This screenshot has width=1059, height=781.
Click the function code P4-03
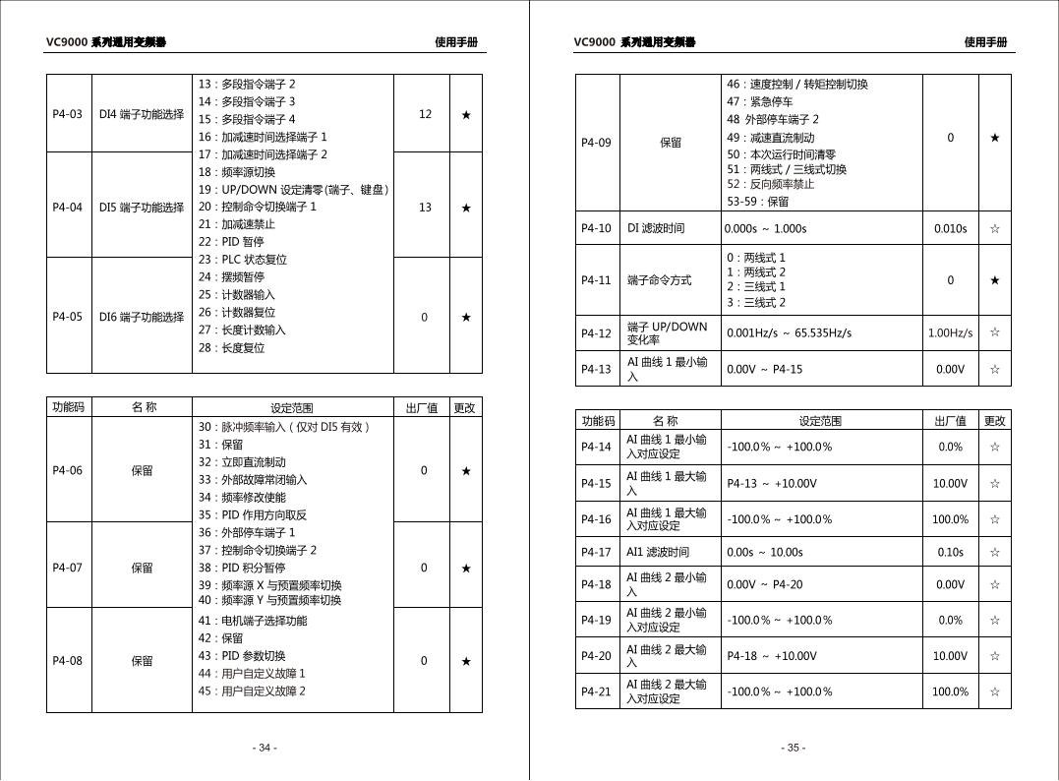(68, 114)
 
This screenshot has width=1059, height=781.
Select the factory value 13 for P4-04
(425, 208)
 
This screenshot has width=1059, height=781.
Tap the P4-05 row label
(68, 317)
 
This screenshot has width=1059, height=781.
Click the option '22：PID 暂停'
(231, 242)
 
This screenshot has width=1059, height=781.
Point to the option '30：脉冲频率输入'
(284, 427)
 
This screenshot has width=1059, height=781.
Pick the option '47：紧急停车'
(760, 101)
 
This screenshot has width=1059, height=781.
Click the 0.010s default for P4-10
(950, 228)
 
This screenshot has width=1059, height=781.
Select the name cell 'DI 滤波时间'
(656, 228)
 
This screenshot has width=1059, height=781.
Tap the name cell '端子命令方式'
(659, 280)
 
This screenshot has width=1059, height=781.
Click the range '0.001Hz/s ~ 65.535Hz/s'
(789, 332)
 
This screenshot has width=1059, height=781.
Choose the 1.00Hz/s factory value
(950, 332)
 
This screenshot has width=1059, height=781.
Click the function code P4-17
(596, 552)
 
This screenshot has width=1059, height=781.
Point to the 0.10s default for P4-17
(950, 552)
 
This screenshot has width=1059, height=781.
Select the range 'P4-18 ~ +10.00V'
(772, 656)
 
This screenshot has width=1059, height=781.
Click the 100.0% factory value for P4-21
(950, 691)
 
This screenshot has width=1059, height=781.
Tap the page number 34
(265, 748)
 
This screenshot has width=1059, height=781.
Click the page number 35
(794, 748)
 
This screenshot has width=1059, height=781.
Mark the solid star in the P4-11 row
(994, 280)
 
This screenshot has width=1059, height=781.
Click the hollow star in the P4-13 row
(994, 369)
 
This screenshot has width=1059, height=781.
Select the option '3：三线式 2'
(756, 303)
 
